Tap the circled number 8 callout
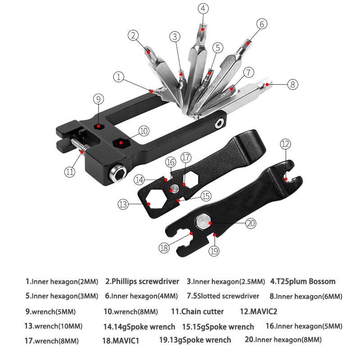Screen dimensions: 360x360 pyautogui.click(x=292, y=84)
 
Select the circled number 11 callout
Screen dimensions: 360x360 pyautogui.click(x=69, y=171)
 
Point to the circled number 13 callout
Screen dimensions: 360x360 pyautogui.click(x=124, y=204)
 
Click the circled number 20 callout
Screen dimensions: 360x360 pyautogui.click(x=250, y=222)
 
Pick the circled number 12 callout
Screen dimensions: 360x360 pyautogui.click(x=285, y=144)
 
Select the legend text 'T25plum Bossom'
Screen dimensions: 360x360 pyautogui.click(x=306, y=282)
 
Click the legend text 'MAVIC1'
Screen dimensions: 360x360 pyautogui.click(x=124, y=341)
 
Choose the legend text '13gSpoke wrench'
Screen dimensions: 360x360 pyautogui.click(x=198, y=340)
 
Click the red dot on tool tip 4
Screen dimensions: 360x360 pyautogui.click(x=203, y=29)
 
